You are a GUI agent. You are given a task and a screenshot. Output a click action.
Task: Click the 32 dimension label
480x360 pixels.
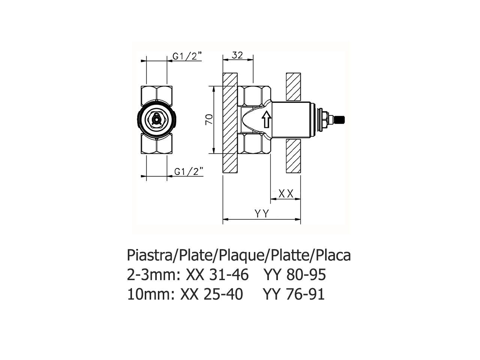(x=237, y=55)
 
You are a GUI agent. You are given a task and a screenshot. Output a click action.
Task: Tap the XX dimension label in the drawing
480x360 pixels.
(x=286, y=193)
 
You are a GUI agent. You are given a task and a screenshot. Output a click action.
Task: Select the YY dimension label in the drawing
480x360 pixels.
(x=262, y=214)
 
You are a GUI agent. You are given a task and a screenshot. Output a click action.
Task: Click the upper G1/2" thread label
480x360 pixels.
(x=187, y=56)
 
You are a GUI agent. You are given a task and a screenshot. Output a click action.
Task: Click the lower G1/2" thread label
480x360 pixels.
(x=189, y=171)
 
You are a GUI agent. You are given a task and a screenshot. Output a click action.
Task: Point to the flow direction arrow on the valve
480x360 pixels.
(x=265, y=120)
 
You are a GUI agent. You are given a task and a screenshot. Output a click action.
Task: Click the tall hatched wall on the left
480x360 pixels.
(x=230, y=123)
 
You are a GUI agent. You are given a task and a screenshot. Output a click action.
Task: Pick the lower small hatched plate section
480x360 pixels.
(x=293, y=156)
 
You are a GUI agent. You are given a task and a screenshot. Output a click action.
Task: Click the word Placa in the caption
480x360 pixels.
(x=333, y=256)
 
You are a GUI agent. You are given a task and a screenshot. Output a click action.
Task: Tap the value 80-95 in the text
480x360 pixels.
(x=306, y=275)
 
